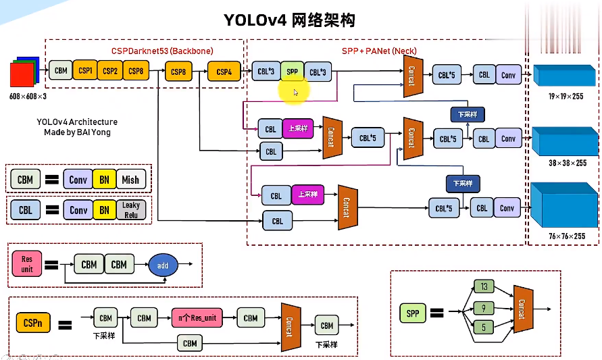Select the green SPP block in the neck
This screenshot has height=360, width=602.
pos(292,71)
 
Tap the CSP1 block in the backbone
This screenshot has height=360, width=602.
pos(85,70)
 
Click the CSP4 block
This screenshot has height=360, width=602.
pos(224,71)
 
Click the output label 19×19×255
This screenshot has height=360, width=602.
pos(566,97)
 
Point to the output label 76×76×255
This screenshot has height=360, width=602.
pos(566,236)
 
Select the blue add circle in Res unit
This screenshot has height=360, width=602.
pos(163,265)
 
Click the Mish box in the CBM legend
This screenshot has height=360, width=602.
pos(130,180)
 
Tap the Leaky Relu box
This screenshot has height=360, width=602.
pos(130,210)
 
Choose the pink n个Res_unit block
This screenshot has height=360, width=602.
pos(197,317)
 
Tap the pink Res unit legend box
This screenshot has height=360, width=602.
pos(27,263)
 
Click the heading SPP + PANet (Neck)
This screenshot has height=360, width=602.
pos(379,51)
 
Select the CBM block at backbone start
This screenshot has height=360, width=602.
pos(61,70)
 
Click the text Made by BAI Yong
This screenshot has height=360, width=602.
pos(77,132)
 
